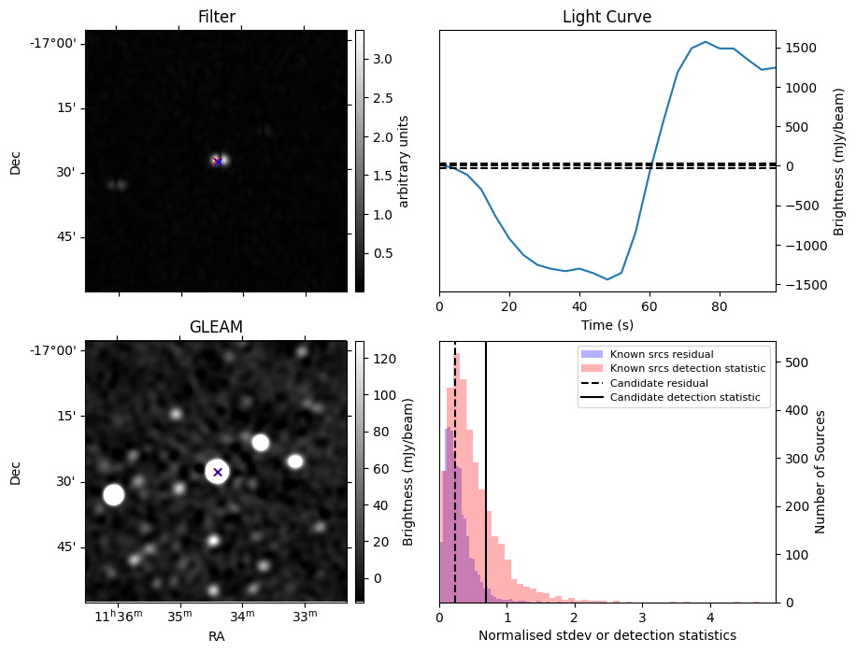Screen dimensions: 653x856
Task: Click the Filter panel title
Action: pos(216,18)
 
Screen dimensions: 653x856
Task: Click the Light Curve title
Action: pos(606,18)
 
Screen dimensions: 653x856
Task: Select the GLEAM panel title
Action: pos(216,327)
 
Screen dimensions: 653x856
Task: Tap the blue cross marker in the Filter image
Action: pos(218,162)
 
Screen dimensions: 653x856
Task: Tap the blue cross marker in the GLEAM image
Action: pos(218,472)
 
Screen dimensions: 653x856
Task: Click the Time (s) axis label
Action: pos(606,324)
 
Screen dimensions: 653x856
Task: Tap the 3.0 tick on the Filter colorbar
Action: pos(383,59)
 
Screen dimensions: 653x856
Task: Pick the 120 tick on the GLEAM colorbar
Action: pos(384,359)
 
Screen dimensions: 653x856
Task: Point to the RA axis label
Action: pos(216,636)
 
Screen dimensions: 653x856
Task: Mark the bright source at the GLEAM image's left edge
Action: pos(113,495)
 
